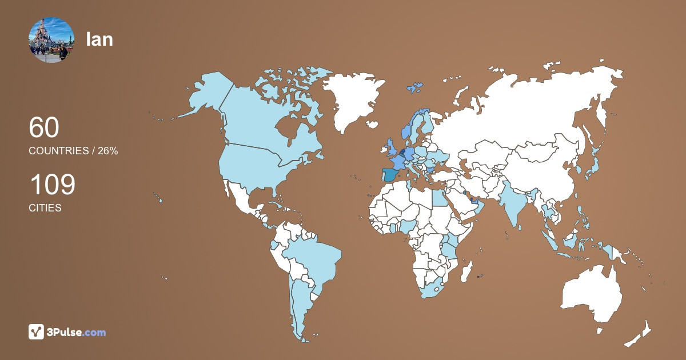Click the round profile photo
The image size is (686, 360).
[51, 40]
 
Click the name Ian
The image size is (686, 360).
[99, 39]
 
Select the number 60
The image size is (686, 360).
[44, 127]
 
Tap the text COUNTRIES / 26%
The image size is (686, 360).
[73, 151]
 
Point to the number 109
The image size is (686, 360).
[52, 185]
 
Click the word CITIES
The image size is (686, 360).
[45, 208]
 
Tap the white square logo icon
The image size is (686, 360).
[37, 332]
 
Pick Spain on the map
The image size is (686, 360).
[391, 174]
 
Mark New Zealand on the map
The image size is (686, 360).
[640, 334]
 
